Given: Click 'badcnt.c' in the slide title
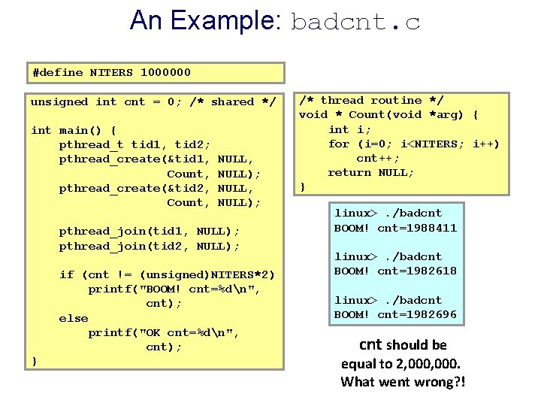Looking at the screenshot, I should (x=355, y=22).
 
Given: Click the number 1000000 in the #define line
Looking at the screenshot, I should (x=165, y=73).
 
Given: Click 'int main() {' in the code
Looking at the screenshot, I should (x=74, y=130).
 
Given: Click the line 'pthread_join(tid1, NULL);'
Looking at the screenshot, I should (x=150, y=232).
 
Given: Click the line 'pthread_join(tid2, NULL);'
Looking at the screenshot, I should (x=150, y=246).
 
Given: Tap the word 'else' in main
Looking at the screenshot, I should (x=74, y=318).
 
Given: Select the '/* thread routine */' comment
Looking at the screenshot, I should (x=371, y=100).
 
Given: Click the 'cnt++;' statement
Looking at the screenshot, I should (x=378, y=158).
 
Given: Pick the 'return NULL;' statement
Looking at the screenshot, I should (x=370, y=172).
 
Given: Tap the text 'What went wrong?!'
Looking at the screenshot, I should (x=403, y=382).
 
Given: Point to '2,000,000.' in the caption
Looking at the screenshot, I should (x=435, y=363).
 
